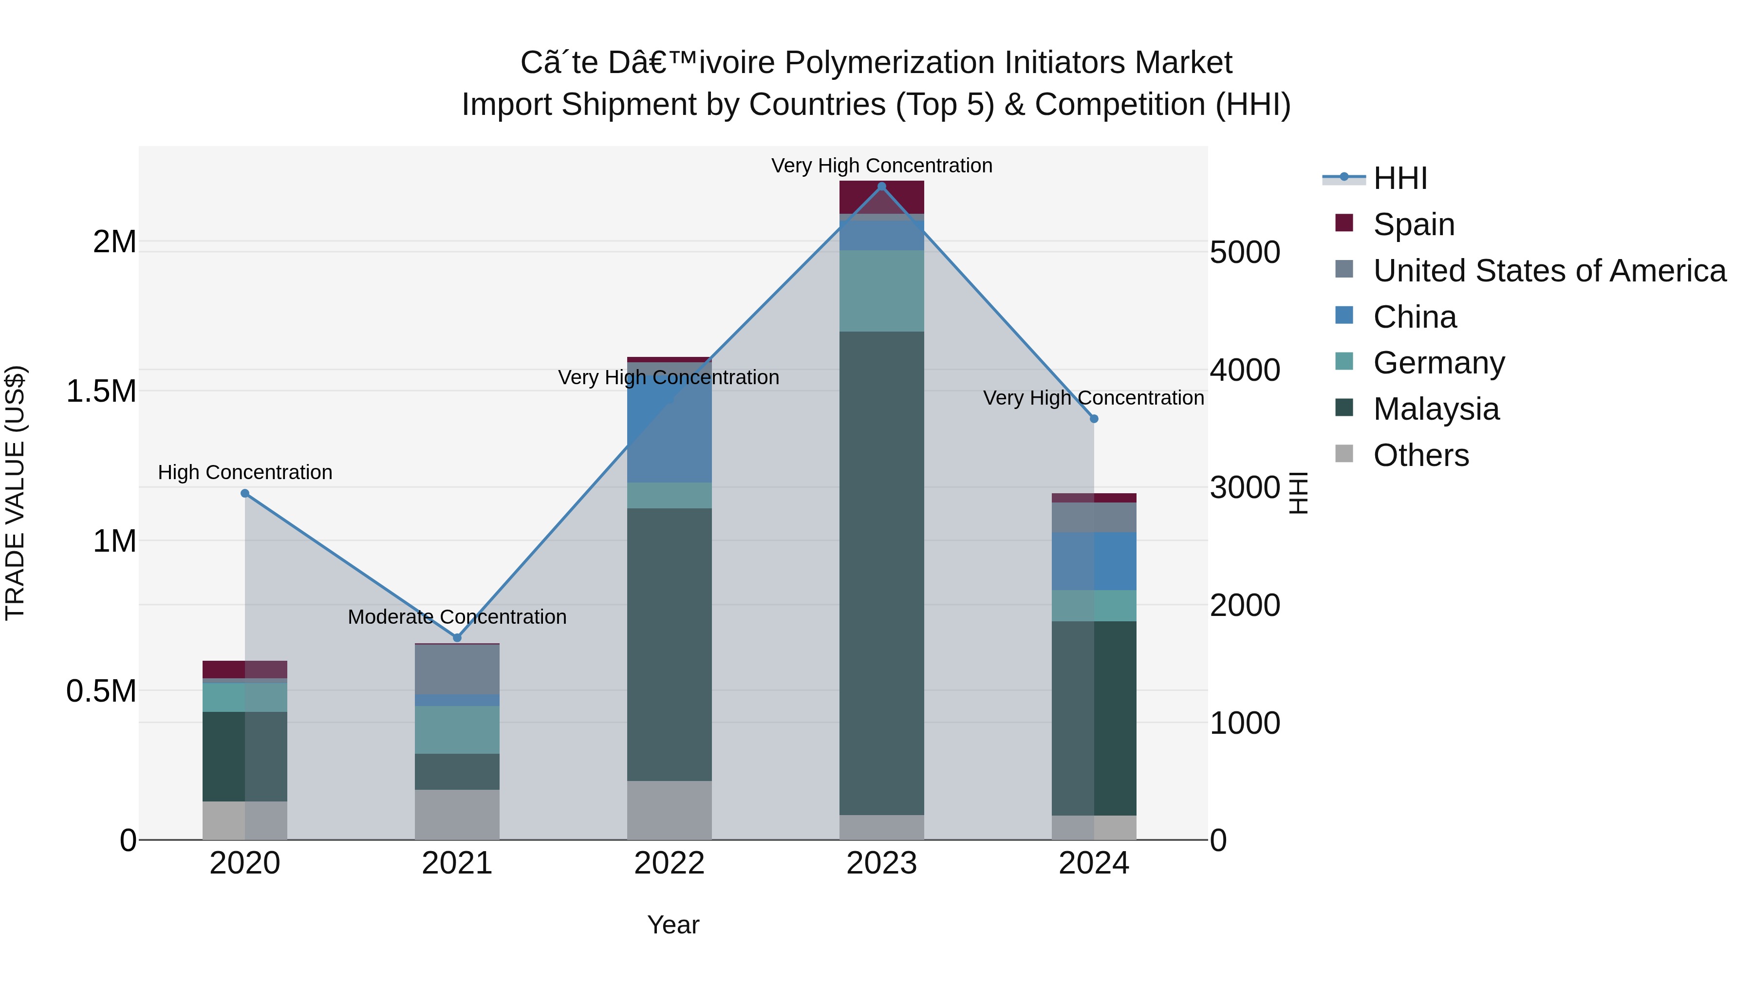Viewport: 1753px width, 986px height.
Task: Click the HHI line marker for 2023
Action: (881, 186)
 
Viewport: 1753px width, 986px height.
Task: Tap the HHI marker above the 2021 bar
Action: (457, 637)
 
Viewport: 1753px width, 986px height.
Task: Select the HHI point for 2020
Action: (245, 493)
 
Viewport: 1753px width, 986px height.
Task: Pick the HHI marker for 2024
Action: (1094, 419)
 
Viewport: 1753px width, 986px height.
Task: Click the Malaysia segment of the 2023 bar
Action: (881, 572)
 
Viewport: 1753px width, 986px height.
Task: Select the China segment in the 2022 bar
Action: (669, 422)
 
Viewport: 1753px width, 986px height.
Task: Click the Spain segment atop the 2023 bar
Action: (881, 197)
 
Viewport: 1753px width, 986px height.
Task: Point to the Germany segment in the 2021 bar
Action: (457, 729)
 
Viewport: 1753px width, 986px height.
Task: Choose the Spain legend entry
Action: (1414, 224)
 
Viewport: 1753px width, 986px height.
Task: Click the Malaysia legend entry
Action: (1436, 409)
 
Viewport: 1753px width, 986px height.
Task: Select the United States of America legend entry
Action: (1549, 271)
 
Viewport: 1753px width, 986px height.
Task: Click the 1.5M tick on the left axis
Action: (101, 392)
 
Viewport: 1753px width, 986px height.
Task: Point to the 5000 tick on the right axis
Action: (1245, 252)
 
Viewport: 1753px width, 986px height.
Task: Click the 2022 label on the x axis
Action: (669, 863)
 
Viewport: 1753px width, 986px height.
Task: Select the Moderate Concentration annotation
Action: (457, 616)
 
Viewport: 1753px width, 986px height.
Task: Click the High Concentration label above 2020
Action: (245, 472)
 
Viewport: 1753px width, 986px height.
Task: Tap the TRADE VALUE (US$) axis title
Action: (15, 493)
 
